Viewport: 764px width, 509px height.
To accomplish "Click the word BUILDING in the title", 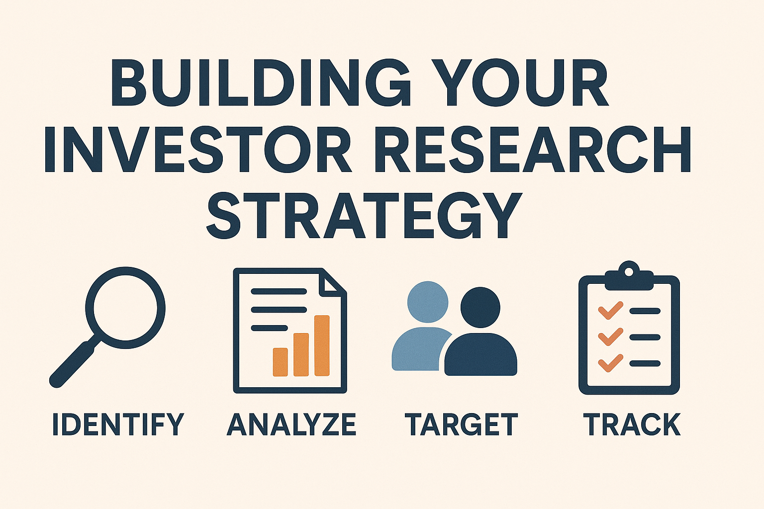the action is (261, 83).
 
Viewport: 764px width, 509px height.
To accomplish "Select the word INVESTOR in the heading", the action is (198, 149).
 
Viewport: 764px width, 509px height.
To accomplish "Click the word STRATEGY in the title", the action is (364, 215).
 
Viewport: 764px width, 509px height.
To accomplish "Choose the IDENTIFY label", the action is (118, 424).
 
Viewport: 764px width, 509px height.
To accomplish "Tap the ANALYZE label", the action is (291, 424).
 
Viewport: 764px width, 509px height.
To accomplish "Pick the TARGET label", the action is (461, 424).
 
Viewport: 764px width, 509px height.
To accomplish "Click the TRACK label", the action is (632, 424).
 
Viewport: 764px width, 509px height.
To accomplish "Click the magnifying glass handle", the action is (75, 361).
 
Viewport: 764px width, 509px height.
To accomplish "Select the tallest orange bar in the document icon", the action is (322, 345).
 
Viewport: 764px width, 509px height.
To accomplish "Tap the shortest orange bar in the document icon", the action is (281, 362).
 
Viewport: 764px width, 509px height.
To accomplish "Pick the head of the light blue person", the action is (428, 302).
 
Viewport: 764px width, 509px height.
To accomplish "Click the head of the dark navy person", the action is (480, 307).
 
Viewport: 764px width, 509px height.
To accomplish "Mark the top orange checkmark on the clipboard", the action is (610, 311).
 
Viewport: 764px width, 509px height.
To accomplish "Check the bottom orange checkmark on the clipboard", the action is (610, 363).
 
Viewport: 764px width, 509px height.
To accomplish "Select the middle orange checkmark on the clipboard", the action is (610, 337).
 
